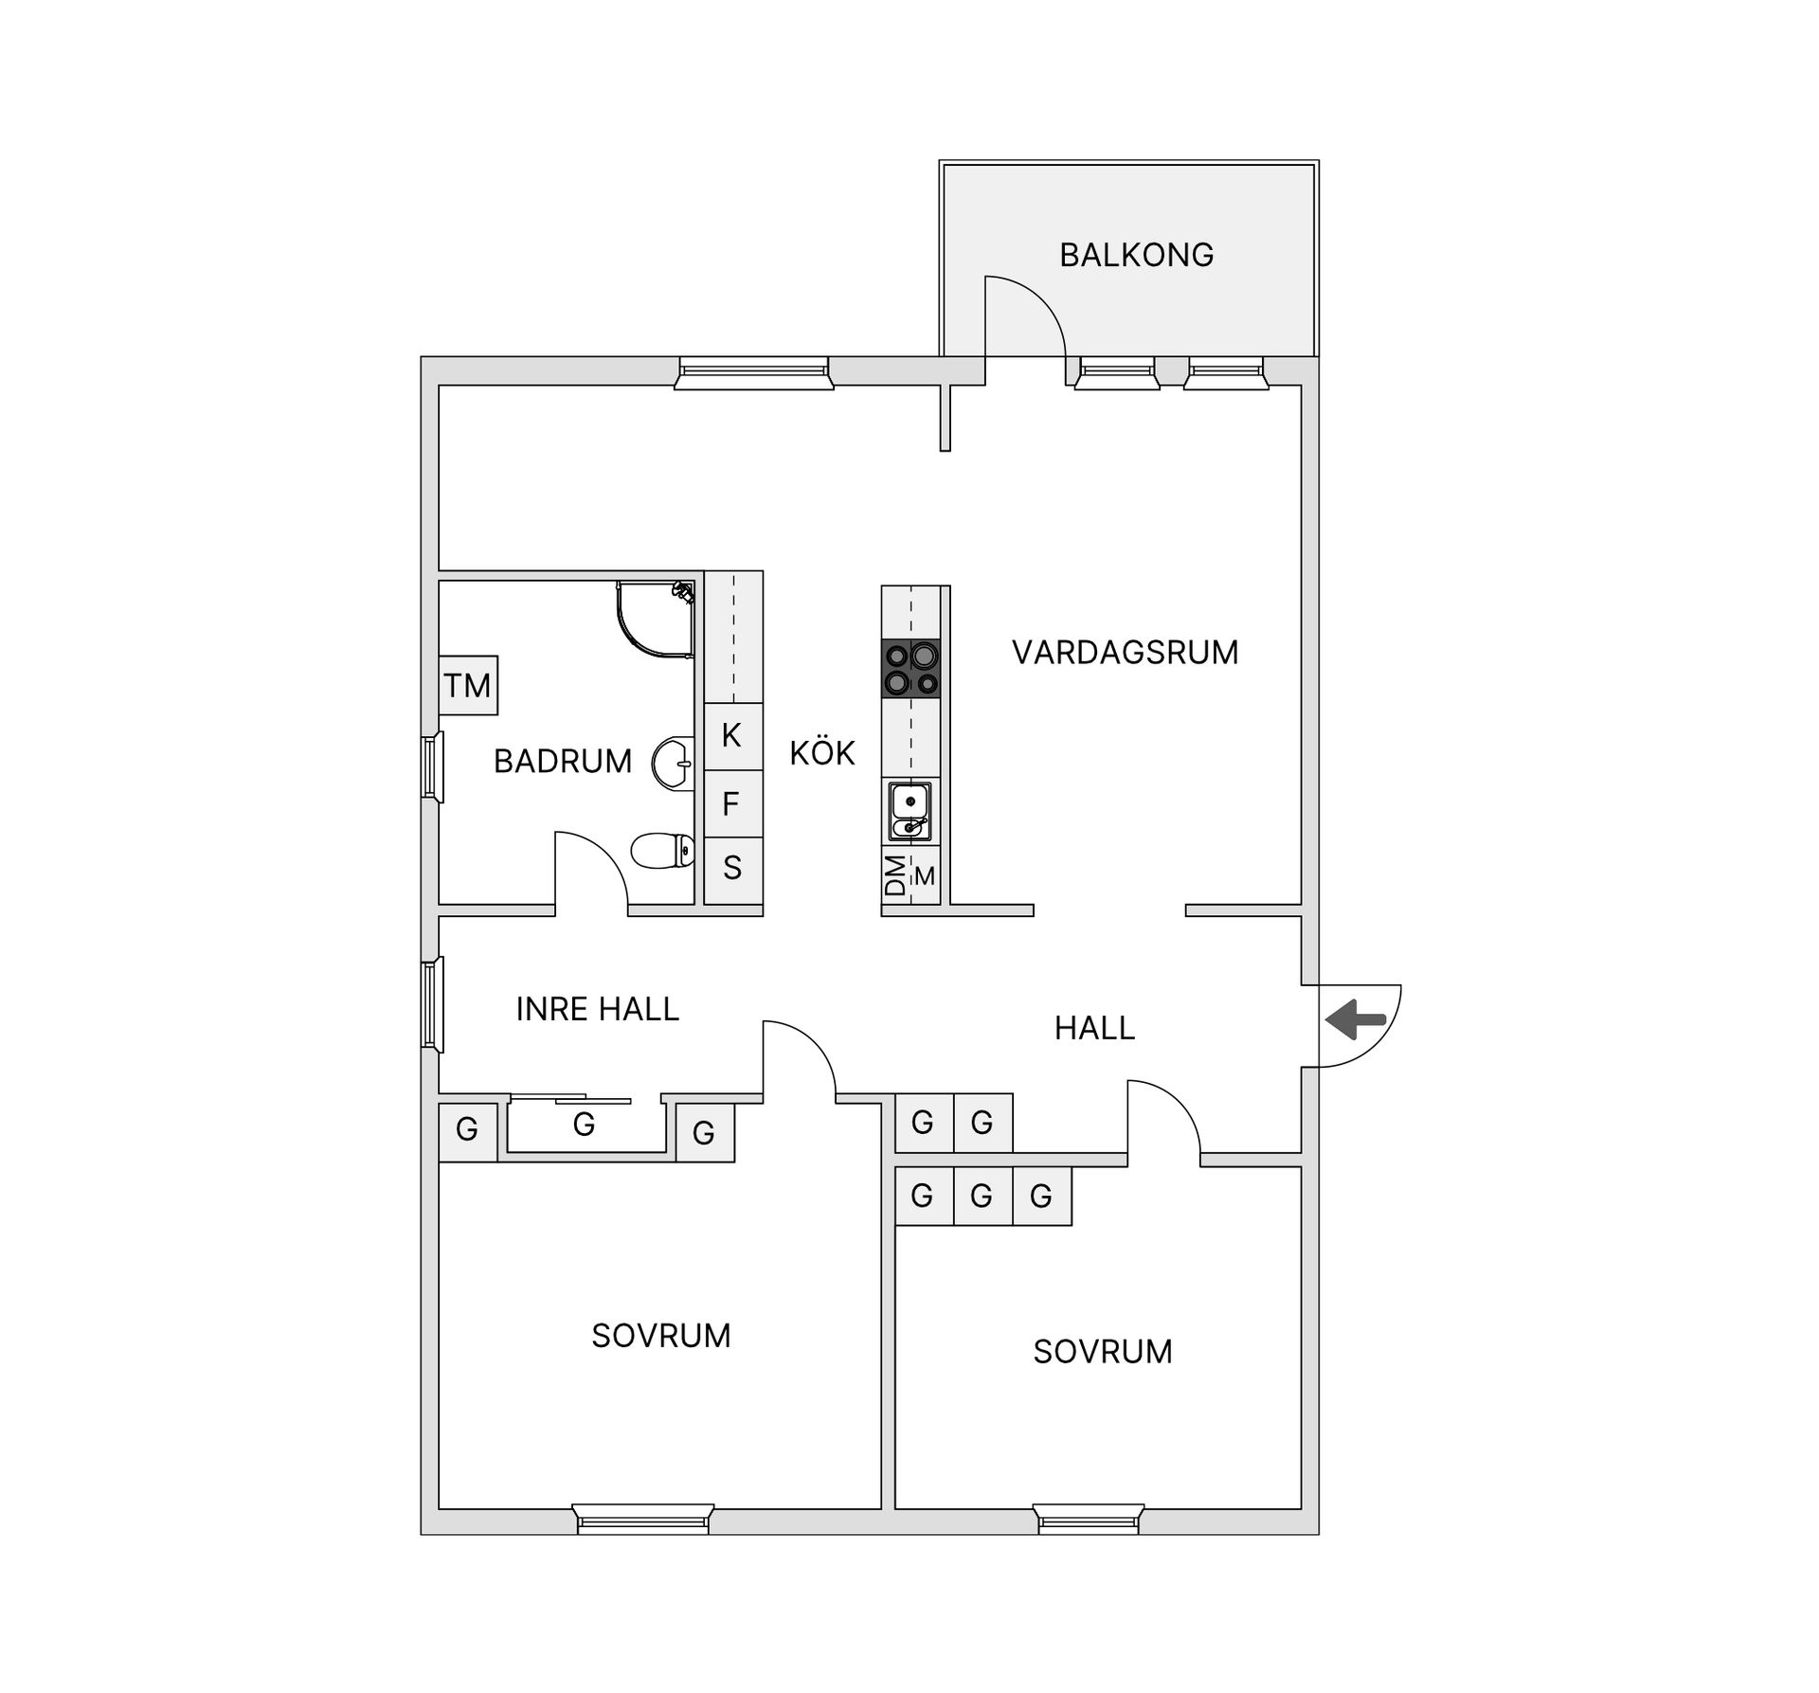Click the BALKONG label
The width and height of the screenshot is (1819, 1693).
(1136, 255)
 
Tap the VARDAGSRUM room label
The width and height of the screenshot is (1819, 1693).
(1125, 653)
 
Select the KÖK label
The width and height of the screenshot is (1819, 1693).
(822, 753)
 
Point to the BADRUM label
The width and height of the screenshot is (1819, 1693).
(563, 761)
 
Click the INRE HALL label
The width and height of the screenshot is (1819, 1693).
(598, 1009)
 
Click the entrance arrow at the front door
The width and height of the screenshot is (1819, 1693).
(1356, 1020)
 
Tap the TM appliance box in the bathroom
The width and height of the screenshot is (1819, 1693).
(468, 685)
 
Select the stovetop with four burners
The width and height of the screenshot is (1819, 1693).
(911, 669)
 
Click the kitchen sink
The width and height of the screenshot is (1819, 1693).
(910, 812)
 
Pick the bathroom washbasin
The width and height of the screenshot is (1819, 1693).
(674, 762)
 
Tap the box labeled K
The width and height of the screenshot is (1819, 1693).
(732, 735)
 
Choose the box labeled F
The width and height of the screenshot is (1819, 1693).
(731, 804)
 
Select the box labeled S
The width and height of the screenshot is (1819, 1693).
(732, 868)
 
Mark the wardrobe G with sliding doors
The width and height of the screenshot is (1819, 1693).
(585, 1125)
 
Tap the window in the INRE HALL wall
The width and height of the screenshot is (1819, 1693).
(433, 1004)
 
